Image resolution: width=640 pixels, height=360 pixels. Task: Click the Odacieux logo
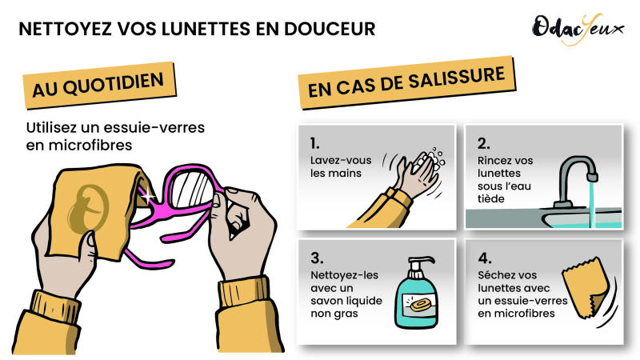(578, 29)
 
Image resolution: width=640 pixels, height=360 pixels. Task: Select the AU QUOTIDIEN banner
(99, 86)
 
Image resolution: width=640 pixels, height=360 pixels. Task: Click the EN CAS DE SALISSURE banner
(407, 82)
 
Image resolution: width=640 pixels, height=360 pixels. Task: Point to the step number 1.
(314, 144)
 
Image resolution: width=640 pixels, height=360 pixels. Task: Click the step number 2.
(484, 144)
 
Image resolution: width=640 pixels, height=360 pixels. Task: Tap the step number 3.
(317, 258)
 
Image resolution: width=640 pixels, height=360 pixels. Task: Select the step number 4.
(485, 258)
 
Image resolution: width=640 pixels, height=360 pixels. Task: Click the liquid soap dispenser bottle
(416, 292)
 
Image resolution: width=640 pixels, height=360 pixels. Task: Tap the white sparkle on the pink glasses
(148, 196)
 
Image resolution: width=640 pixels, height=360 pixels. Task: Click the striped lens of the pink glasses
(192, 189)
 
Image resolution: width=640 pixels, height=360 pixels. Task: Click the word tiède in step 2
(491, 198)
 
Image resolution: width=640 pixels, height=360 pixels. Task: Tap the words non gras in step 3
(334, 314)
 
